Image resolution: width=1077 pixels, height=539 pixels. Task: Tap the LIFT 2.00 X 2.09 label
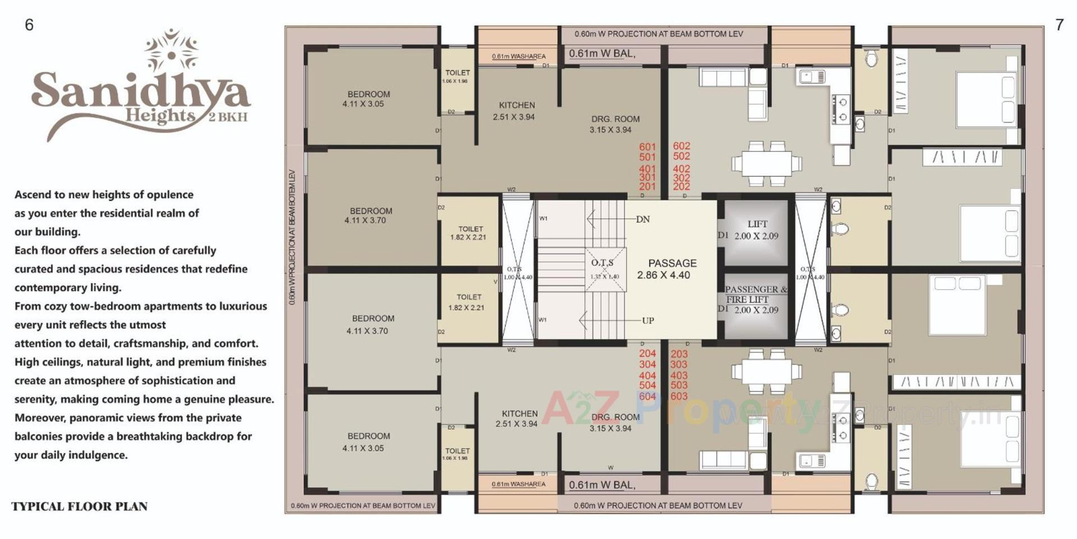(x=756, y=230)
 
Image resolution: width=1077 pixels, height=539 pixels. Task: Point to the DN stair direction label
(x=643, y=219)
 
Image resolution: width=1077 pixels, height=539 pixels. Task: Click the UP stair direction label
(x=648, y=321)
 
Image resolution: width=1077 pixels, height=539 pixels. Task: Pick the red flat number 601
(x=647, y=147)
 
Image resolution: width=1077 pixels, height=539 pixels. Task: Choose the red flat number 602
(x=682, y=146)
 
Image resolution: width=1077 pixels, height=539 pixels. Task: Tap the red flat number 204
(x=647, y=354)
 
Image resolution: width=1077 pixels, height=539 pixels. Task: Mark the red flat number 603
(x=679, y=396)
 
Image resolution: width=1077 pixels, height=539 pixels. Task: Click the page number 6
(x=29, y=25)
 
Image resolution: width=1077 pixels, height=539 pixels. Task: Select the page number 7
(x=1059, y=25)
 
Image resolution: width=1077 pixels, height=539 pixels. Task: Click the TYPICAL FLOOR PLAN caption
(x=79, y=506)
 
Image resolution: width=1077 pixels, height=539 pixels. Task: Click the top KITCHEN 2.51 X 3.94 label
(x=515, y=111)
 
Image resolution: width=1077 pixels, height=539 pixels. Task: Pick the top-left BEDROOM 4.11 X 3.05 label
(x=367, y=99)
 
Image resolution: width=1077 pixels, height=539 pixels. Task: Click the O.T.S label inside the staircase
(x=603, y=263)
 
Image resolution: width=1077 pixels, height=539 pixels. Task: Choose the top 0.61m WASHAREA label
(x=518, y=56)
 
